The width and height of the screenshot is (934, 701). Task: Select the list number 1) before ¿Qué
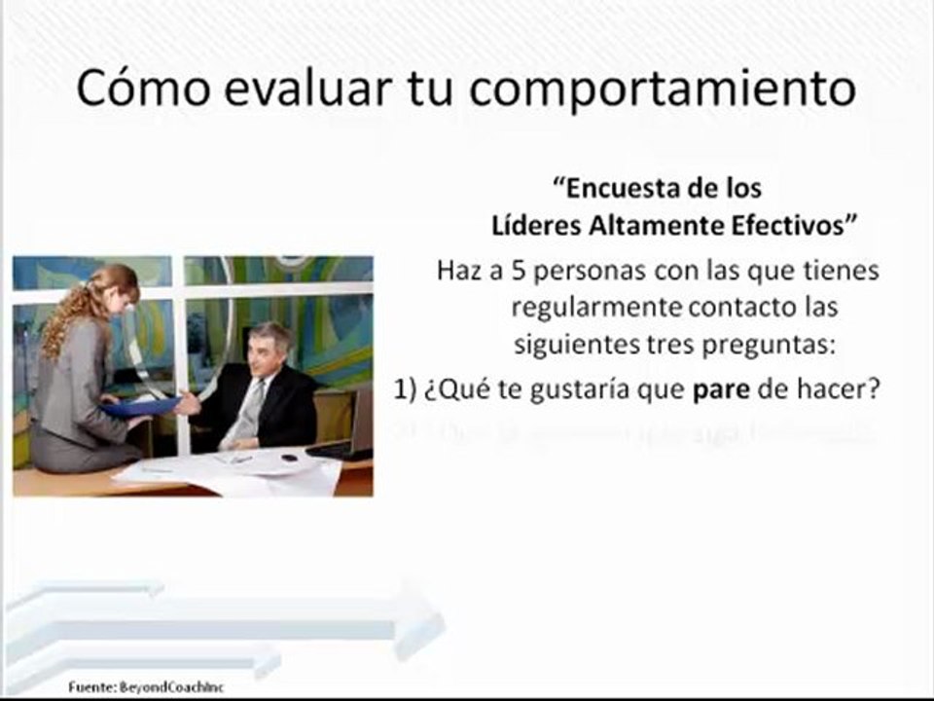pyautogui.click(x=406, y=388)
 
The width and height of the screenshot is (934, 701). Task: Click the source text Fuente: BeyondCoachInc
pyautogui.click(x=147, y=687)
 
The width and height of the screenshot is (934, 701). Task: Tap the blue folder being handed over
pyautogui.click(x=142, y=407)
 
